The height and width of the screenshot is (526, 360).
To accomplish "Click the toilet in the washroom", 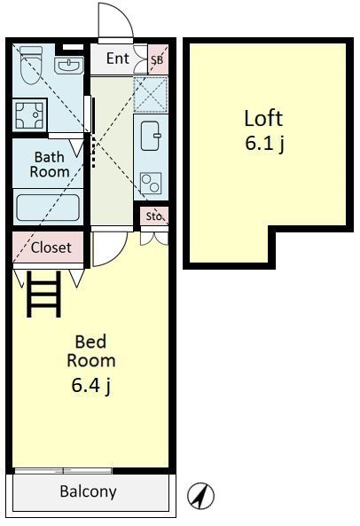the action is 31,65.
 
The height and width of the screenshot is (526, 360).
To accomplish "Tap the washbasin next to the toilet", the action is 68,65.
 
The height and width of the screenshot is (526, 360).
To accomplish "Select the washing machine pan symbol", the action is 30,115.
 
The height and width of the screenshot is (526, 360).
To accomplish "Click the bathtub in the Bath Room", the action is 48,208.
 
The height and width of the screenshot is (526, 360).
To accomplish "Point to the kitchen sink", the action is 150,136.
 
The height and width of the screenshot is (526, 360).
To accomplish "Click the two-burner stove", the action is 151,183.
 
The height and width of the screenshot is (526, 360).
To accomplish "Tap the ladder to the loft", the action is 43,294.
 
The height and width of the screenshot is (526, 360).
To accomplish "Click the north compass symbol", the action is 200,496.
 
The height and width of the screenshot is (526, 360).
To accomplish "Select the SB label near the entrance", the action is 157,60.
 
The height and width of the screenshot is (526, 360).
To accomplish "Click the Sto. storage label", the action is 154,216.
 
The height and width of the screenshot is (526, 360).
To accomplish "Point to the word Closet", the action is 51,247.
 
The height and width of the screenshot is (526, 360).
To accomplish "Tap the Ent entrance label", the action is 118,59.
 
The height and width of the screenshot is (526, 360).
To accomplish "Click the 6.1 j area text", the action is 264,144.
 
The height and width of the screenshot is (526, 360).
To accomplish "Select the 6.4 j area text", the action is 90,385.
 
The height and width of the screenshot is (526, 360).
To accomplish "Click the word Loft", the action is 263,119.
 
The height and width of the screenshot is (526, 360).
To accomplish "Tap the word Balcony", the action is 88,491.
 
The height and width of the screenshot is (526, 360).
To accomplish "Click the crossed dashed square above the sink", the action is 151,94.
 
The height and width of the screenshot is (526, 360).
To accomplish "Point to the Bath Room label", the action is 50,164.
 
